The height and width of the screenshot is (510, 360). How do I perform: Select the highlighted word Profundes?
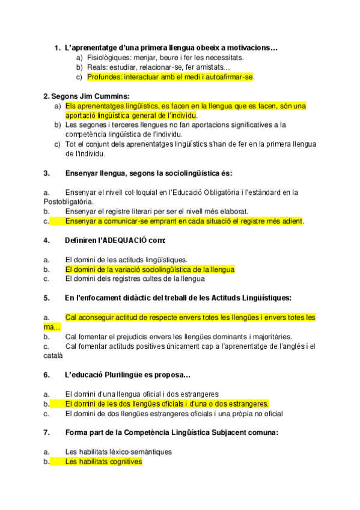click(x=105, y=77)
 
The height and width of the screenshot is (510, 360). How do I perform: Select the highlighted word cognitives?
click(x=123, y=461)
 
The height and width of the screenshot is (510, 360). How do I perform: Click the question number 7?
click(x=46, y=432)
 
